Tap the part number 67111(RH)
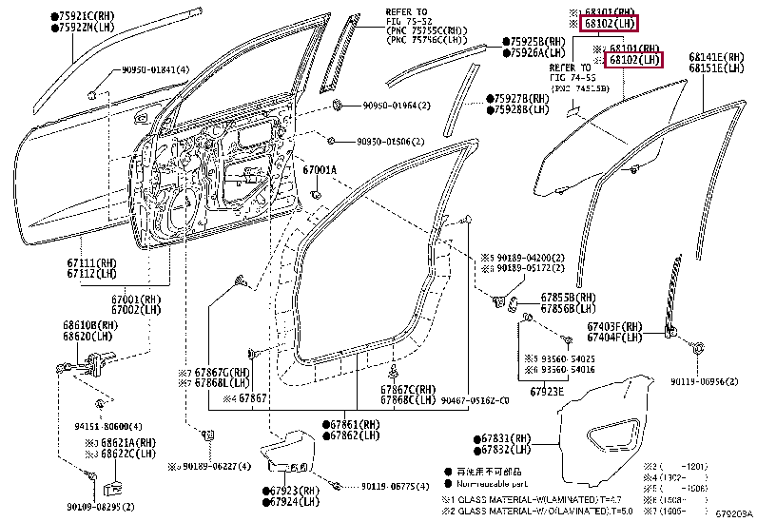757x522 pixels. pyautogui.click(x=92, y=262)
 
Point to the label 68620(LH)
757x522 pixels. pyautogui.click(x=92, y=337)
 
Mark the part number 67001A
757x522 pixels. pyautogui.click(x=320, y=170)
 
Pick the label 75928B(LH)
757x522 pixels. pyautogui.click(x=521, y=109)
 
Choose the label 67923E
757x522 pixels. pyautogui.click(x=547, y=391)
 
